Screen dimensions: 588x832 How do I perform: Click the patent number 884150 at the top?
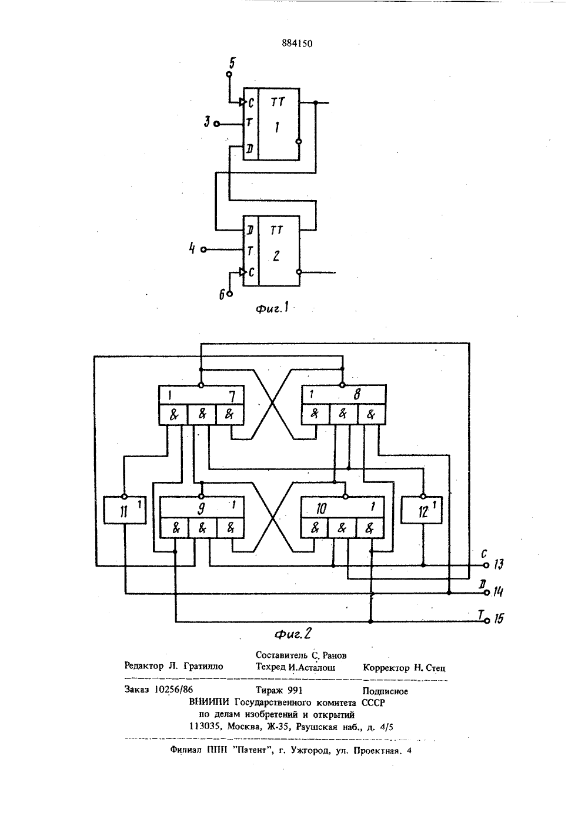point(297,44)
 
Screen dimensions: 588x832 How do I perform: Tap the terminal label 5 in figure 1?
point(232,63)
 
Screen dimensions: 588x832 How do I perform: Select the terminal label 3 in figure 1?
point(207,122)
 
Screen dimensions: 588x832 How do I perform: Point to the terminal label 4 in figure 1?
point(192,248)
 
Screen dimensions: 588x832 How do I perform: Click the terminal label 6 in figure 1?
point(222,295)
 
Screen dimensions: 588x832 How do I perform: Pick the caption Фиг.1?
point(272,308)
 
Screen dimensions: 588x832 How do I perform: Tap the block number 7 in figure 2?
point(232,397)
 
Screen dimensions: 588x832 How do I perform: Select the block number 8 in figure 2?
point(357,394)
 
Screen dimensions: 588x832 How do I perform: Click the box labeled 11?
point(125,510)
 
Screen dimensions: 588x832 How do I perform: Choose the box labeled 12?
point(422,510)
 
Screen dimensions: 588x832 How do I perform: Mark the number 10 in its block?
point(321,508)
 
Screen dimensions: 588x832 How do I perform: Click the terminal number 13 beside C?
point(499,565)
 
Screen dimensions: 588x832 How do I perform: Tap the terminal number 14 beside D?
point(498,591)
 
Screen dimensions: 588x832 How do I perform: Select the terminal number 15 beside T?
point(499,618)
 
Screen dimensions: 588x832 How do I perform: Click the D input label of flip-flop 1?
point(250,149)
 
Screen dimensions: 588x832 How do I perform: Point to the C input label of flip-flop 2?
point(251,272)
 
